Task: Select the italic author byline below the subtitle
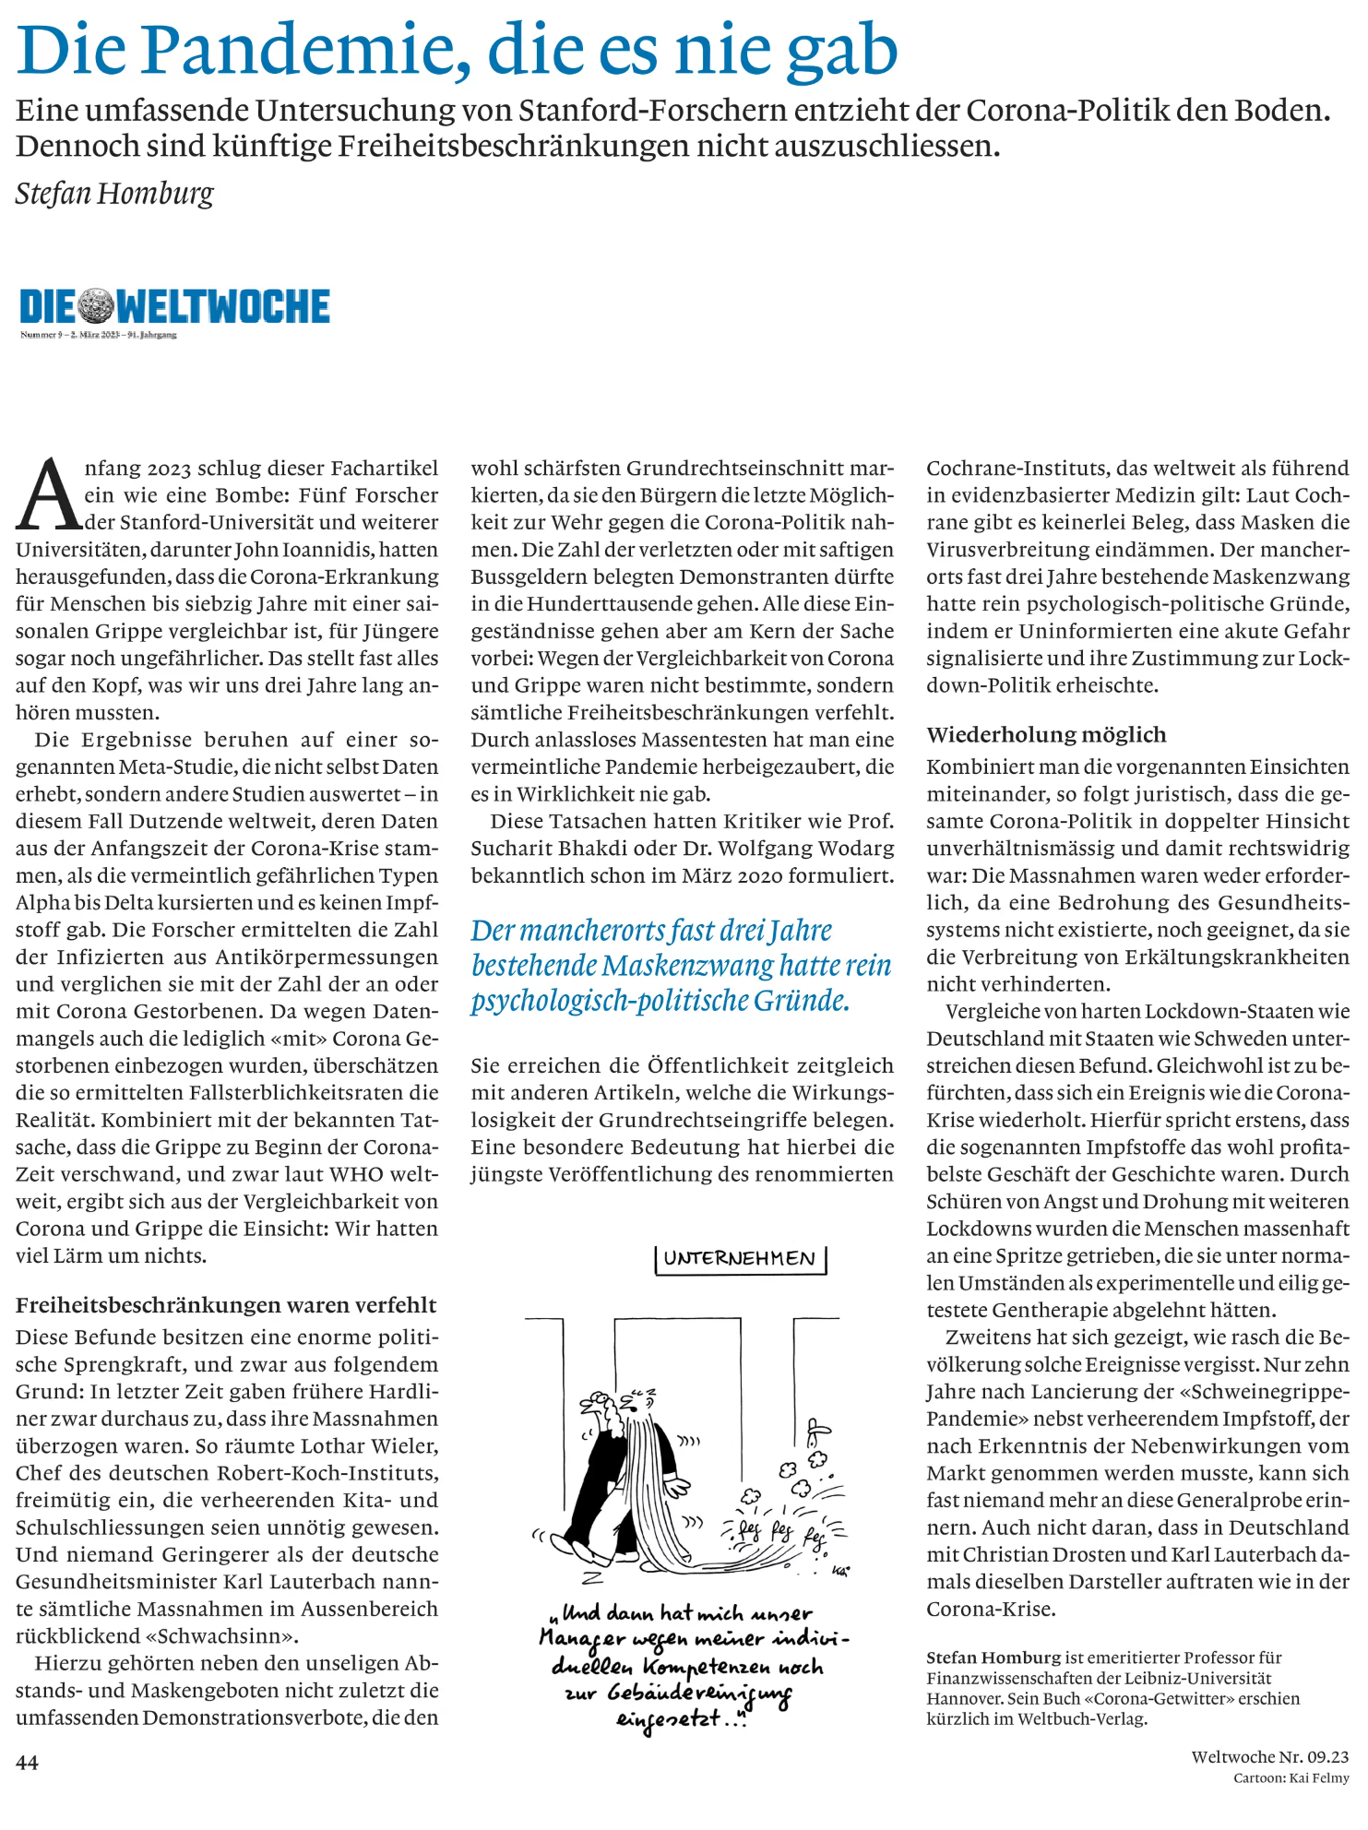coord(114,194)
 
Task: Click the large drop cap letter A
coord(48,495)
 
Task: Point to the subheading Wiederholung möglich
coord(1046,735)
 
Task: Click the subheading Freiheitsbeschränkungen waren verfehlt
coord(226,1305)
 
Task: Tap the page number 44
coord(27,1763)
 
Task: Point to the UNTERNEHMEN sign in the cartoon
coord(740,1259)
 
